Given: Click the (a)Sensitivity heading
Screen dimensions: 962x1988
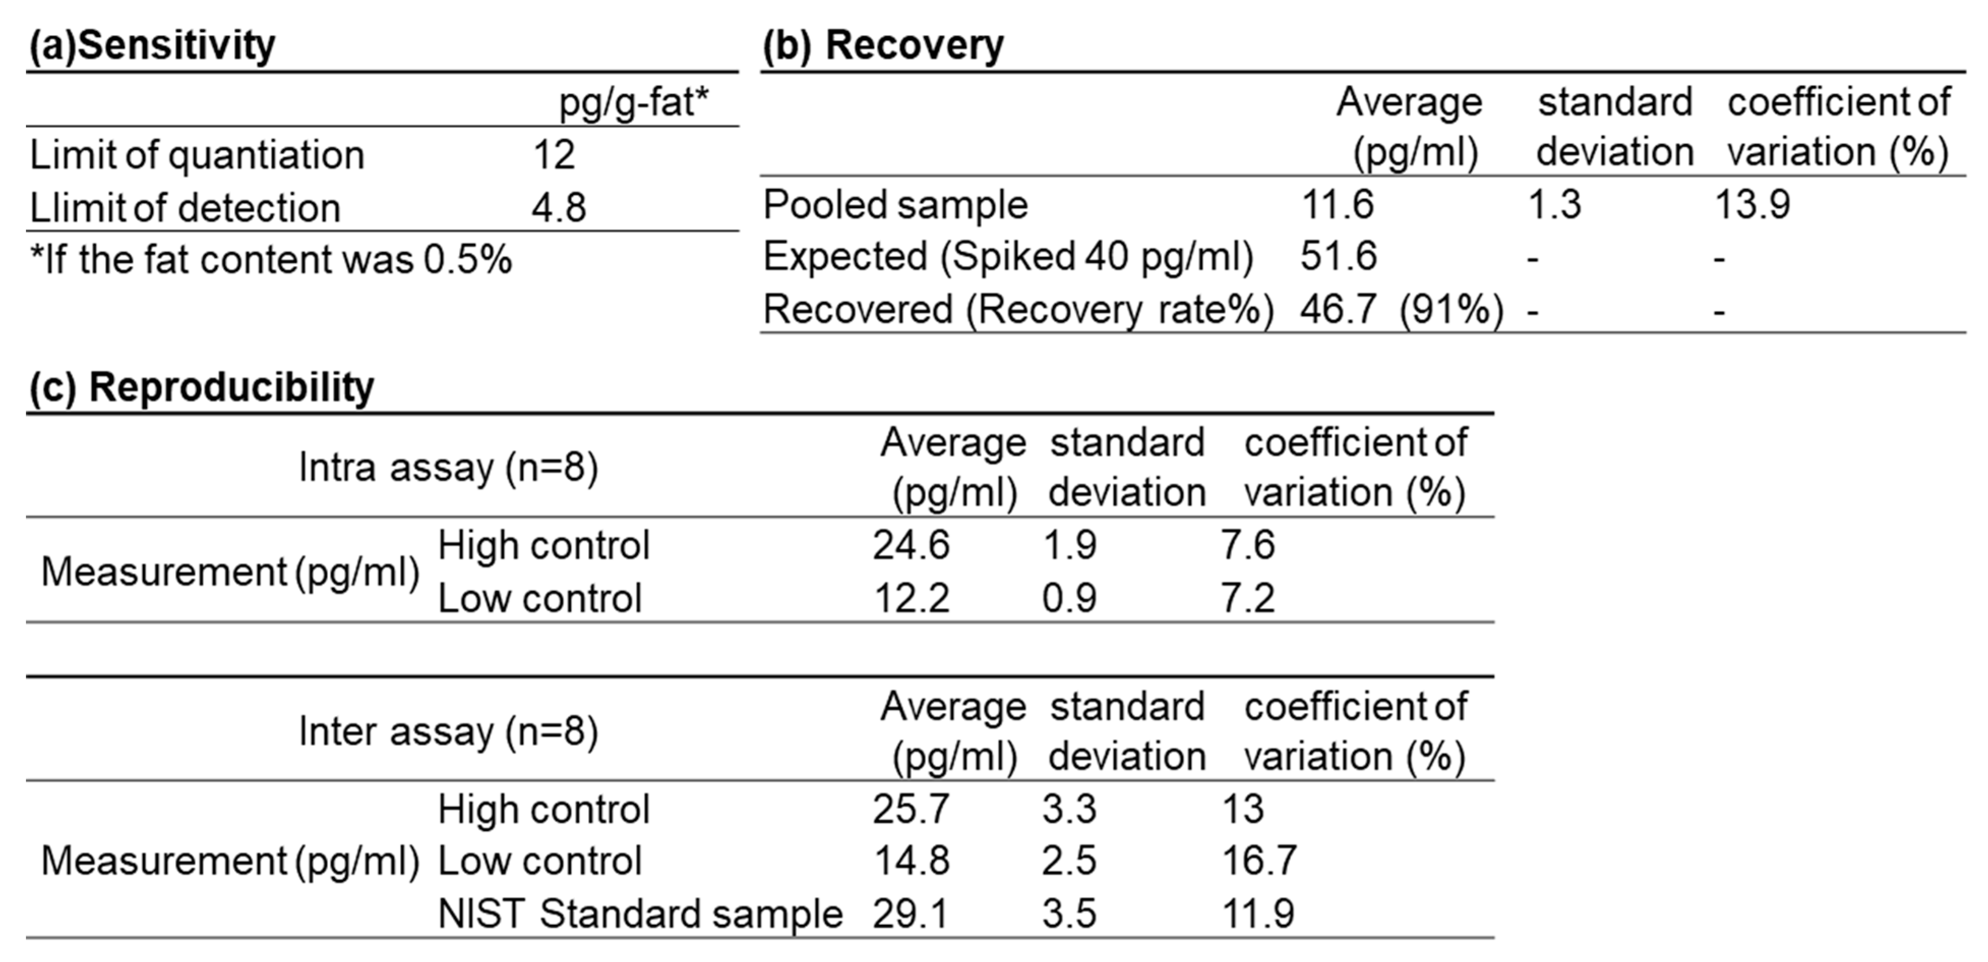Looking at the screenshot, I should point(152,46).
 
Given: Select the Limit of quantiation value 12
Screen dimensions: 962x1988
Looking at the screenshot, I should point(554,155).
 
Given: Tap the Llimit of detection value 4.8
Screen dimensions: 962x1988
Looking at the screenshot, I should point(558,208).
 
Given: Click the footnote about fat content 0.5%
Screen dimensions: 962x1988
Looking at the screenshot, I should point(270,260).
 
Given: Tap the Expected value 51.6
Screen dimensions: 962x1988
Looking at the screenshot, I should point(1337,257).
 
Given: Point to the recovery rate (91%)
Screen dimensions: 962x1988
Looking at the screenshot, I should point(1451,310).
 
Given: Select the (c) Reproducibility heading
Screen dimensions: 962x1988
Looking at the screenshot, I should point(201,387).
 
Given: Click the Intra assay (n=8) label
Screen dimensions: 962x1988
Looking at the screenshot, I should point(448,468).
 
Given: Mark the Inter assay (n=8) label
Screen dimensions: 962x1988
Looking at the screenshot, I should point(448,732).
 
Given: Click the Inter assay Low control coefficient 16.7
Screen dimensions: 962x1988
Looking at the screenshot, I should point(1259,862).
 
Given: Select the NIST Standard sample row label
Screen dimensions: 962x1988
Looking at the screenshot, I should point(640,914).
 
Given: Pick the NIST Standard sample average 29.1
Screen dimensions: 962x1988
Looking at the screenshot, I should point(910,914).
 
